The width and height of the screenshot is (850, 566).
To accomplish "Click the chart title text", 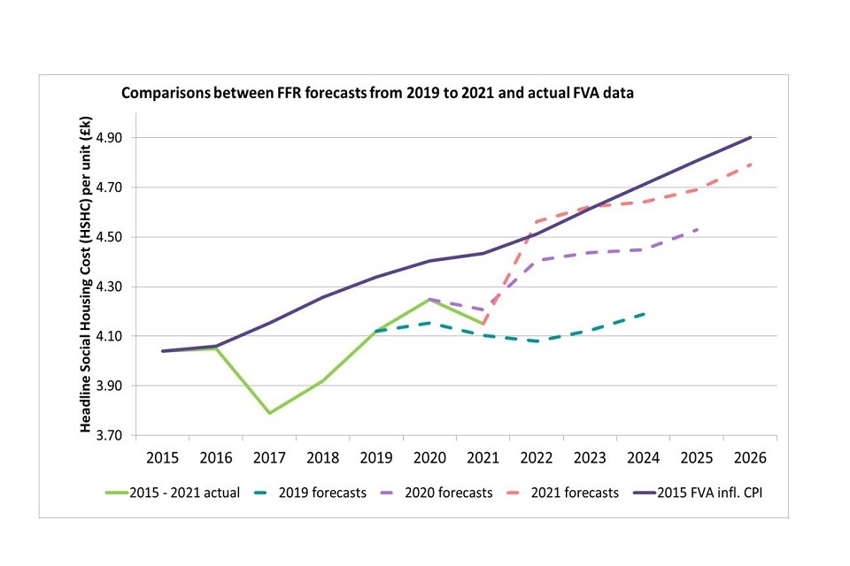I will pos(378,91).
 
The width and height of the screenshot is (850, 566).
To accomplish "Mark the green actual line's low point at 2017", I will pos(269,413).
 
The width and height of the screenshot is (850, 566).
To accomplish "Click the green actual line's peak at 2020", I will pos(429,299).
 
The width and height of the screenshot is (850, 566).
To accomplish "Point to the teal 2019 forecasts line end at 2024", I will pos(644,313).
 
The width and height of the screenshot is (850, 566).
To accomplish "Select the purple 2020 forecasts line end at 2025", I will pos(698,229).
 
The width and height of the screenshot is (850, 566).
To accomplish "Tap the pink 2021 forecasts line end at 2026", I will pos(751,164).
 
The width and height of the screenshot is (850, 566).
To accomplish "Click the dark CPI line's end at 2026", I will pos(751,137).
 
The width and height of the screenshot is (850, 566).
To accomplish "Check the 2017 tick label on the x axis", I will pos(269,460).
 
